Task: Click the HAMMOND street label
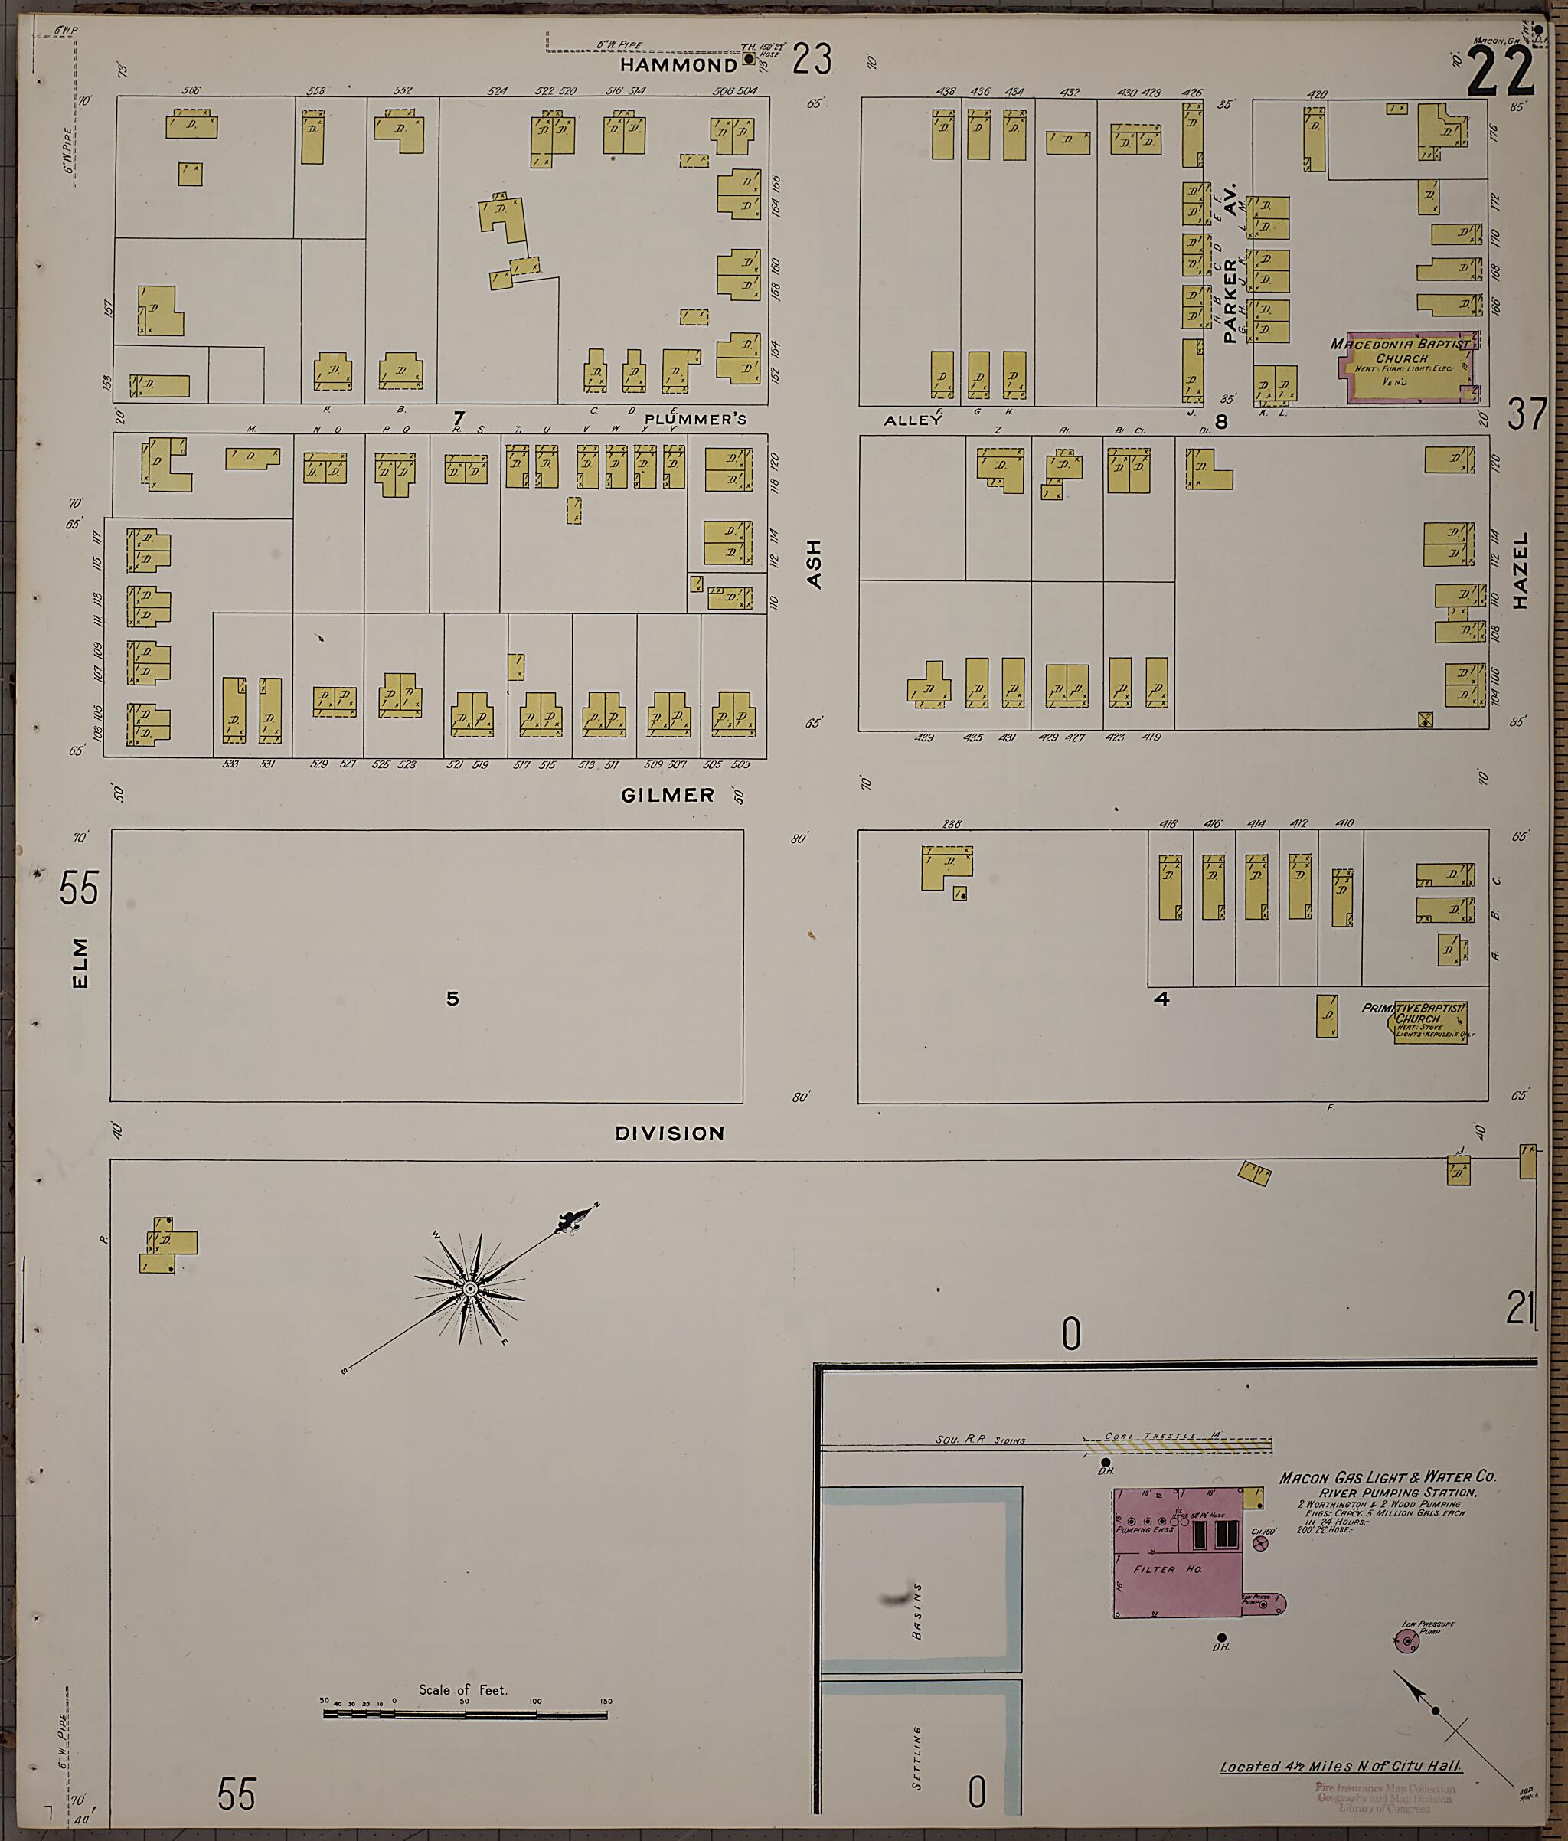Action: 678,65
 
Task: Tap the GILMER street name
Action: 667,795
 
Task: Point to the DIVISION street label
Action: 670,1133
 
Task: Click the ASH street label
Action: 814,565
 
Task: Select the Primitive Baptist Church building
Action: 1429,1022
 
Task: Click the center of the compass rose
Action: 470,1287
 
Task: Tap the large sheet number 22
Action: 1501,73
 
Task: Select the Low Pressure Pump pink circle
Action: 1406,1641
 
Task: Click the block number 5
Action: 452,999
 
